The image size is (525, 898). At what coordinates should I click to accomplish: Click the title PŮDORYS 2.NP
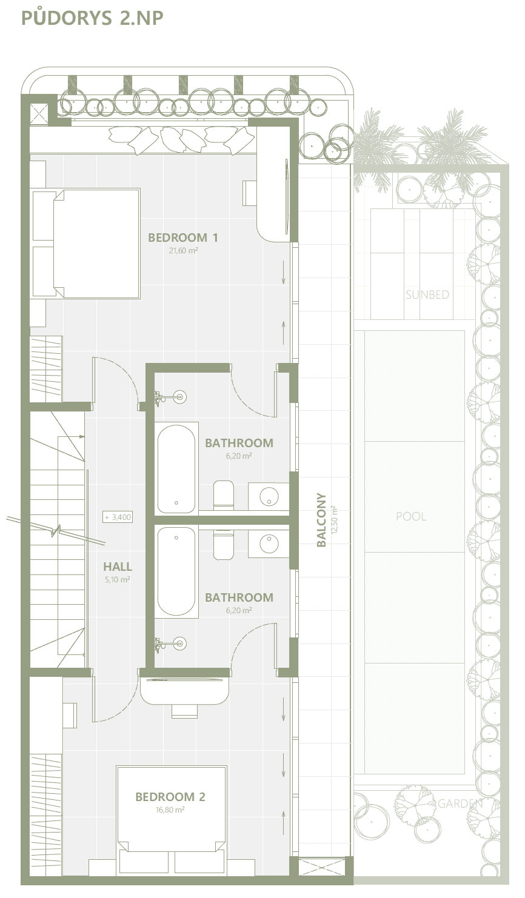pyautogui.click(x=92, y=18)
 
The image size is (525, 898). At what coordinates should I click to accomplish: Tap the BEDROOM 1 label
pyautogui.click(x=183, y=238)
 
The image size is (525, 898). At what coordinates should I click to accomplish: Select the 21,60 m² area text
pyautogui.click(x=183, y=251)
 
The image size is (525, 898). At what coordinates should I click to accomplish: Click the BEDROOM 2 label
pyautogui.click(x=170, y=797)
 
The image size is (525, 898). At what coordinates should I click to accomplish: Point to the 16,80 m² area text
pyautogui.click(x=170, y=810)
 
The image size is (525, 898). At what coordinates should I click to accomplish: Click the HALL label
pyautogui.click(x=118, y=567)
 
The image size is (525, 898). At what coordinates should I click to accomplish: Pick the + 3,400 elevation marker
pyautogui.click(x=118, y=517)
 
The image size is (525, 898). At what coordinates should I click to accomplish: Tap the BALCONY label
pyautogui.click(x=321, y=520)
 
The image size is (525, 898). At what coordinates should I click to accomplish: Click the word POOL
pyautogui.click(x=411, y=516)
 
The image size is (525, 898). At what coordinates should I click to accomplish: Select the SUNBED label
pyautogui.click(x=427, y=294)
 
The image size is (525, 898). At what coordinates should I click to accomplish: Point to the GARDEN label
pyautogui.click(x=460, y=803)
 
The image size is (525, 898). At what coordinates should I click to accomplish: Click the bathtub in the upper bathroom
pyautogui.click(x=176, y=468)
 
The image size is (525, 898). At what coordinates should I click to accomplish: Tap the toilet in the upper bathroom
pyautogui.click(x=223, y=496)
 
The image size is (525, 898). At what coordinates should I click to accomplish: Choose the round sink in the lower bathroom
pyautogui.click(x=269, y=544)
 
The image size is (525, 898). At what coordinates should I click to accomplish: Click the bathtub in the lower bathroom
pyautogui.click(x=176, y=571)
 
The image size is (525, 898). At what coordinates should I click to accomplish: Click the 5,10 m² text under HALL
pyautogui.click(x=118, y=579)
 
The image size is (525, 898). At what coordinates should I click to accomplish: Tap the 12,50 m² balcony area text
pyautogui.click(x=335, y=520)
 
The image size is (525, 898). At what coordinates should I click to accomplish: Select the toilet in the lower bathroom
pyautogui.click(x=223, y=545)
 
